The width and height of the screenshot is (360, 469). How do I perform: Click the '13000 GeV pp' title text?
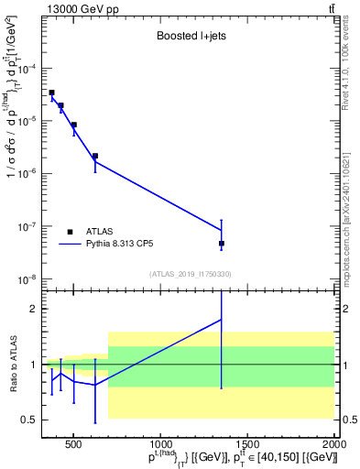point(78,9)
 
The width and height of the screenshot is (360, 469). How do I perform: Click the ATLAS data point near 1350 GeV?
point(222,244)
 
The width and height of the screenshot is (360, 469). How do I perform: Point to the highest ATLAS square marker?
point(52,93)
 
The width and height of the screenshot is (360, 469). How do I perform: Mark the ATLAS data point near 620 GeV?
point(95,156)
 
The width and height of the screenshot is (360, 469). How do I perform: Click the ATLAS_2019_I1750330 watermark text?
point(190,273)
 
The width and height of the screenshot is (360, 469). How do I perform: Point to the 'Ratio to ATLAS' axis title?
point(14,365)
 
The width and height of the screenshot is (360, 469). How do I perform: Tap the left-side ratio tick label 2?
point(34,310)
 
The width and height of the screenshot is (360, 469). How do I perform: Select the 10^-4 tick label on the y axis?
point(27,69)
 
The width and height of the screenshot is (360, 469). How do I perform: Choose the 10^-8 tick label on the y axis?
point(27,279)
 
